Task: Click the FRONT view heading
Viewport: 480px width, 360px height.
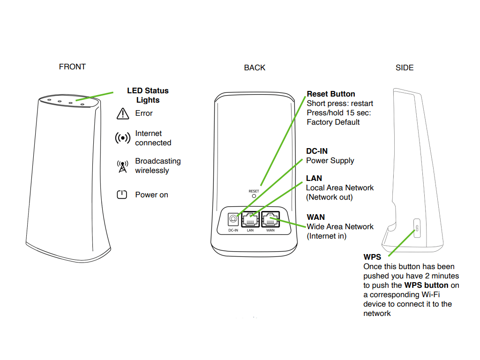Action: click(x=72, y=67)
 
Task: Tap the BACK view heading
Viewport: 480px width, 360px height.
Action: click(x=255, y=67)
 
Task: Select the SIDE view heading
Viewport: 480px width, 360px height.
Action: click(x=405, y=67)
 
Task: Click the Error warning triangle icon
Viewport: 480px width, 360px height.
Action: click(x=122, y=113)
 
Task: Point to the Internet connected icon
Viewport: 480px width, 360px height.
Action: click(x=122, y=138)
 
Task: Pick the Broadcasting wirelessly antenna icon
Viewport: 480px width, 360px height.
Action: click(x=122, y=166)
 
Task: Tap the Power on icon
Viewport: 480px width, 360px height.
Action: click(x=122, y=195)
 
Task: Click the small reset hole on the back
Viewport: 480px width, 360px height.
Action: click(x=254, y=197)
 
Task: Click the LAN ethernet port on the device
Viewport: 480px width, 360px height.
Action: click(x=250, y=219)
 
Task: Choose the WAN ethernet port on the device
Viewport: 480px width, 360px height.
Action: click(x=270, y=219)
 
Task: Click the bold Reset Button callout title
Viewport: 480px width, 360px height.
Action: click(x=331, y=94)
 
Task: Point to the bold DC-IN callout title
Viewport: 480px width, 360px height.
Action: click(x=317, y=151)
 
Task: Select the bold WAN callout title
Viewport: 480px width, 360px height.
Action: click(x=315, y=217)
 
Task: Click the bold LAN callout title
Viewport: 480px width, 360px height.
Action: click(x=314, y=178)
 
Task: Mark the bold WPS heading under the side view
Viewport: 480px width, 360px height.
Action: click(x=372, y=257)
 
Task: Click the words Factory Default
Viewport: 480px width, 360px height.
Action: click(x=333, y=122)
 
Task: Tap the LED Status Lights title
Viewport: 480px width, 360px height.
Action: click(x=148, y=95)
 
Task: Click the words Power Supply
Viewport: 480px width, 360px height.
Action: click(x=330, y=160)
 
